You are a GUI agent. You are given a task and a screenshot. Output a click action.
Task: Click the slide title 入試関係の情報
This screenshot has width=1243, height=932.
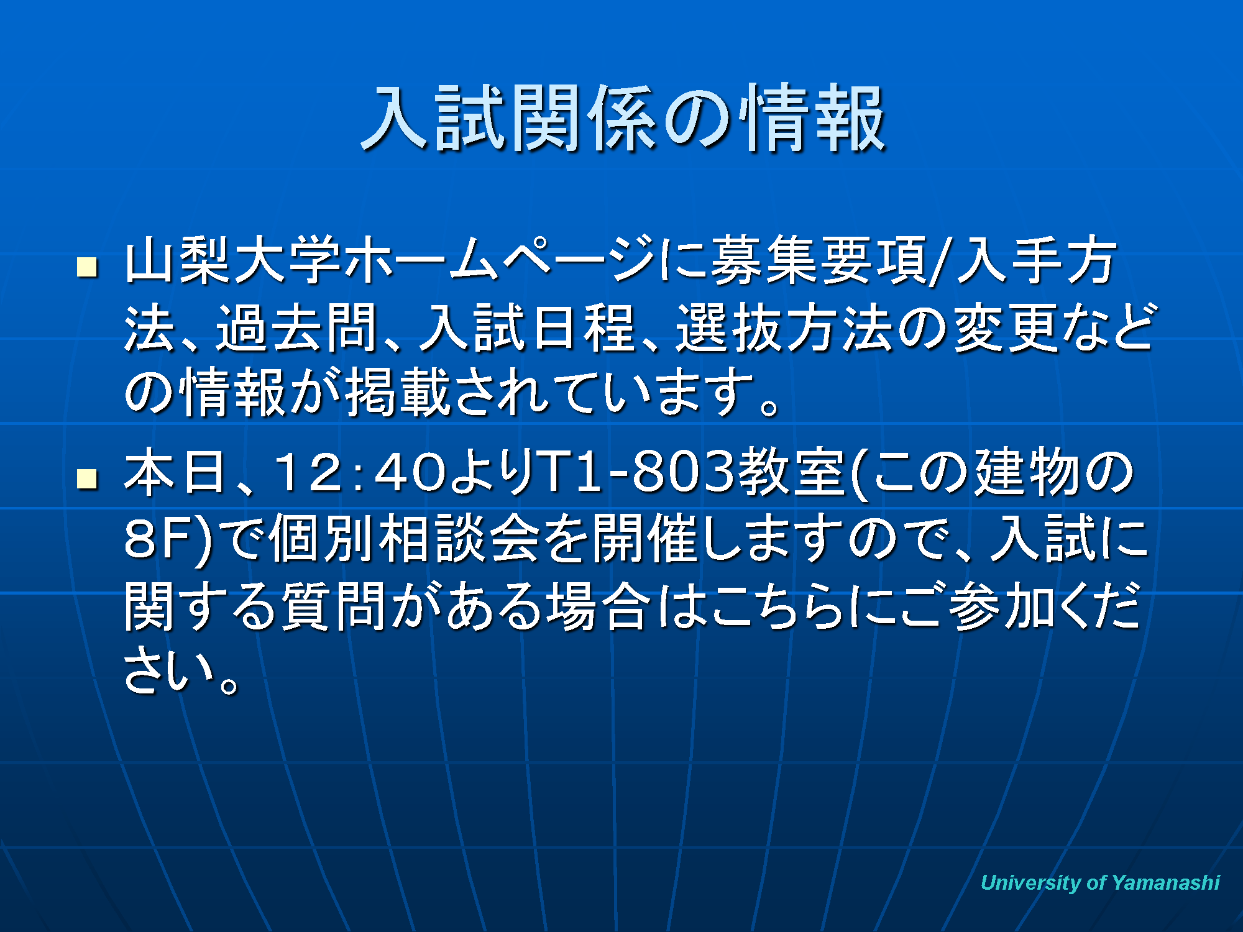tap(623, 118)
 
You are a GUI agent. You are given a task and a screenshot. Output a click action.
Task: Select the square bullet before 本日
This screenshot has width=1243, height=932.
tap(87, 478)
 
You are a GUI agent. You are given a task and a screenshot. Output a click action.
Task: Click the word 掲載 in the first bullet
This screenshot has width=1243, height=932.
tap(398, 393)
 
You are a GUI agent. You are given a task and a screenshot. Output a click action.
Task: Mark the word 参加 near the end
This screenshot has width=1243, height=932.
tap(1004, 606)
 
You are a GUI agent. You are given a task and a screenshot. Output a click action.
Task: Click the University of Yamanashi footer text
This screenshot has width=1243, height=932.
tap(1100, 882)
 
